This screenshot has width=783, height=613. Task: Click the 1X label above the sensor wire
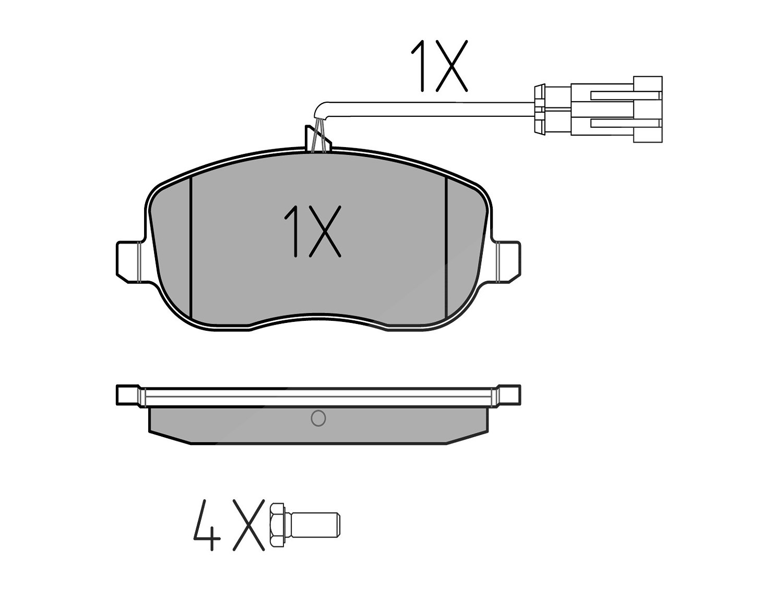pyautogui.click(x=439, y=66)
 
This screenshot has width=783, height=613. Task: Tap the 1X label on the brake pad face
pyautogui.click(x=312, y=232)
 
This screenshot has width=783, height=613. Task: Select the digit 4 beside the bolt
pyautogui.click(x=207, y=530)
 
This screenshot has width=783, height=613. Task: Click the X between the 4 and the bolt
pyautogui.click(x=248, y=530)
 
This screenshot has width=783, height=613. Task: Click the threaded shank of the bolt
pyautogui.click(x=315, y=530)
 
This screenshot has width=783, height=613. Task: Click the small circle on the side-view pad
pyautogui.click(x=318, y=418)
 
